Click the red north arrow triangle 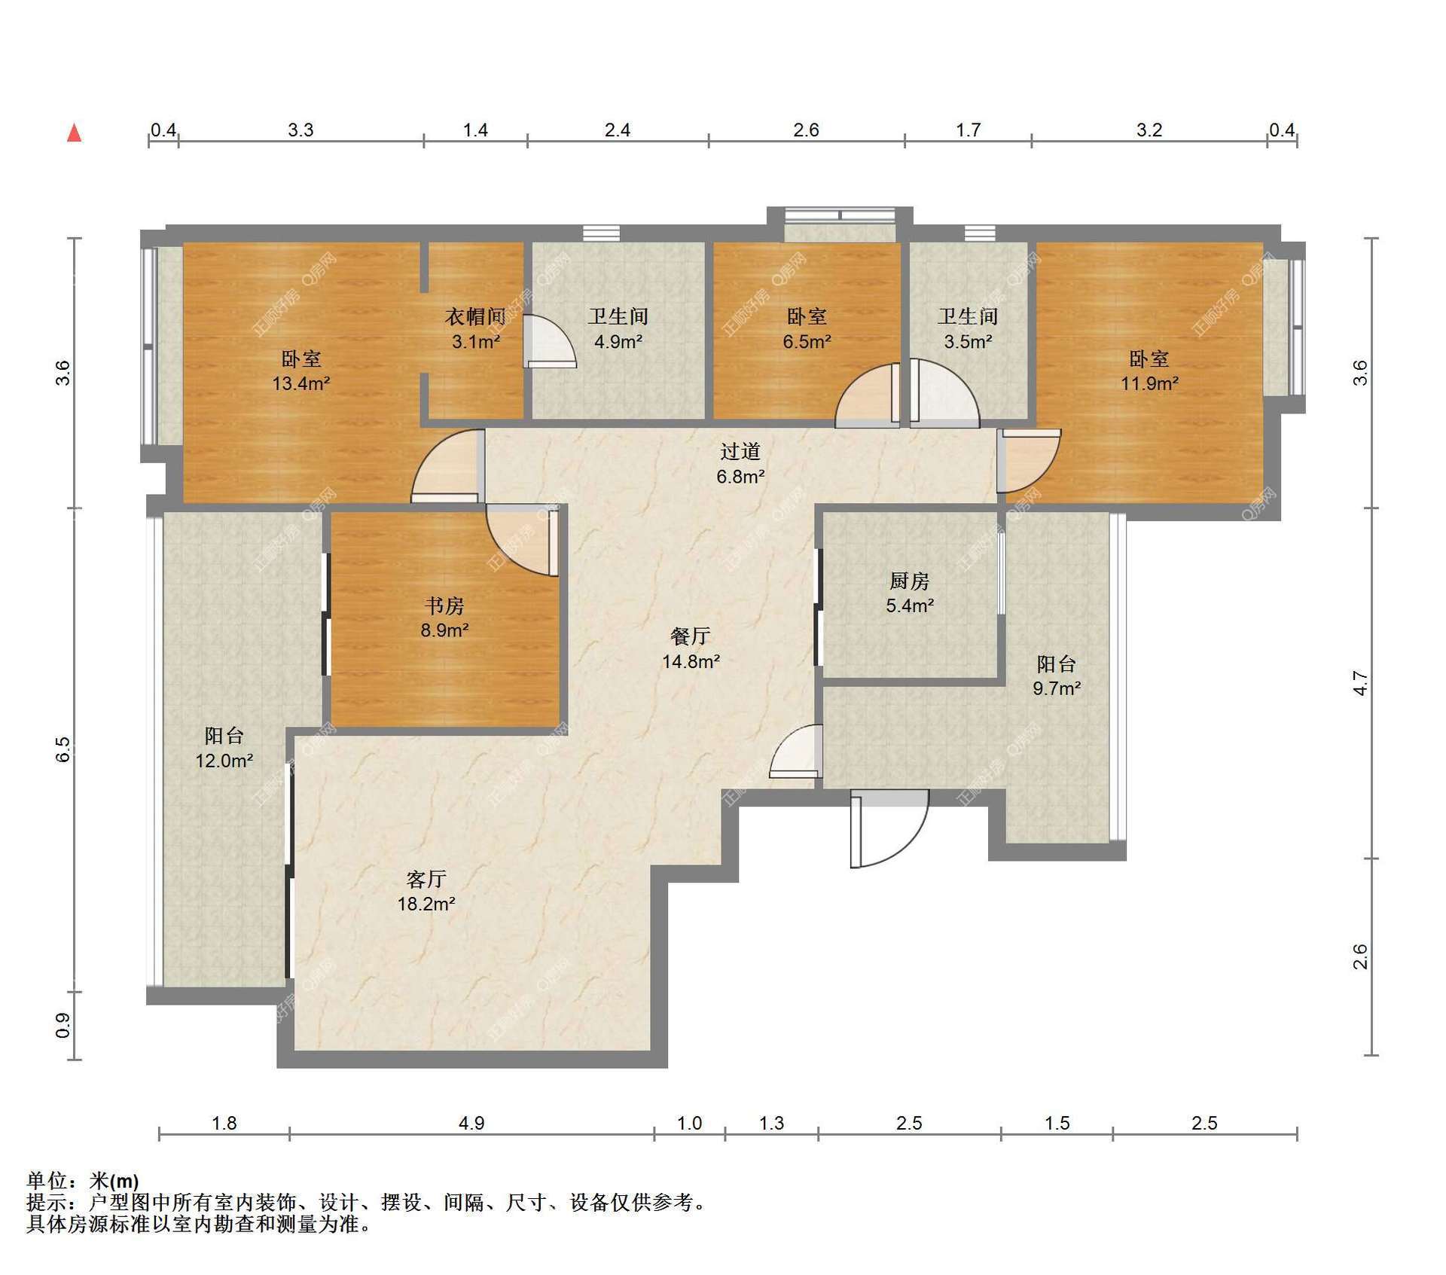74,133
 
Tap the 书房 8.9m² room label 444,617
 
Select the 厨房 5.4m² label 910,593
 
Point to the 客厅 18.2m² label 426,891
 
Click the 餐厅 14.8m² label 691,648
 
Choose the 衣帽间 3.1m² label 476,329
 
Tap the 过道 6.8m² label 740,463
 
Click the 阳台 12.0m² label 224,748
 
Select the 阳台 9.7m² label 1057,676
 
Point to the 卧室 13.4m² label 301,371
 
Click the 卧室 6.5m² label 807,329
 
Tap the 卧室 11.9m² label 1149,371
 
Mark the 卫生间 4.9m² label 618,329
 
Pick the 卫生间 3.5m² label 968,329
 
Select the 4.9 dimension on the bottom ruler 471,1123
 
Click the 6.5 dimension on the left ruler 63,749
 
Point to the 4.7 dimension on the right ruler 1360,682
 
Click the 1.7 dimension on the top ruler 969,130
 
